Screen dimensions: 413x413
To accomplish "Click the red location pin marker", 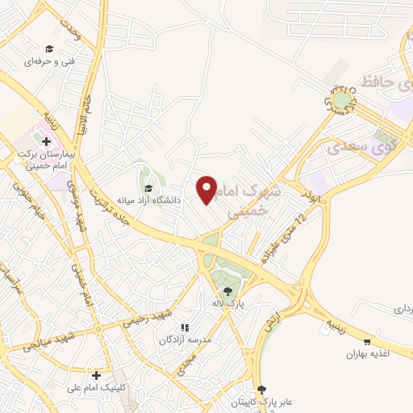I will click(207, 190).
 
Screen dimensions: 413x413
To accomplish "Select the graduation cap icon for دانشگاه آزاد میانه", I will click(148, 188).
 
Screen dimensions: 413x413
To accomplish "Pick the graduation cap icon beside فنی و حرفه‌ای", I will click(49, 48).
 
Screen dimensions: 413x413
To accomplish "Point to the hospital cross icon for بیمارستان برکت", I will click(46, 142).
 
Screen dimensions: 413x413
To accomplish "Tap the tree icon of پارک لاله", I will click(227, 290).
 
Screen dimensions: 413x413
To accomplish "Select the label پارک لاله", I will click(228, 304).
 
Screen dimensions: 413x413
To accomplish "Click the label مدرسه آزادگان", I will click(186, 341).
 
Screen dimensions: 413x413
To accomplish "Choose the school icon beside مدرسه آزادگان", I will click(185, 328).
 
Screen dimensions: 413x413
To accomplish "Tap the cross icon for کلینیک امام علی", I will click(97, 375).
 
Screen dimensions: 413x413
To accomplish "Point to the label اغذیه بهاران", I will click(368, 354).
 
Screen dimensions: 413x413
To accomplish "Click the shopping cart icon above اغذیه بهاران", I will click(369, 341).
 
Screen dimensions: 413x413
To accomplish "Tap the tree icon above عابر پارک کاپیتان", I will click(261, 390).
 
